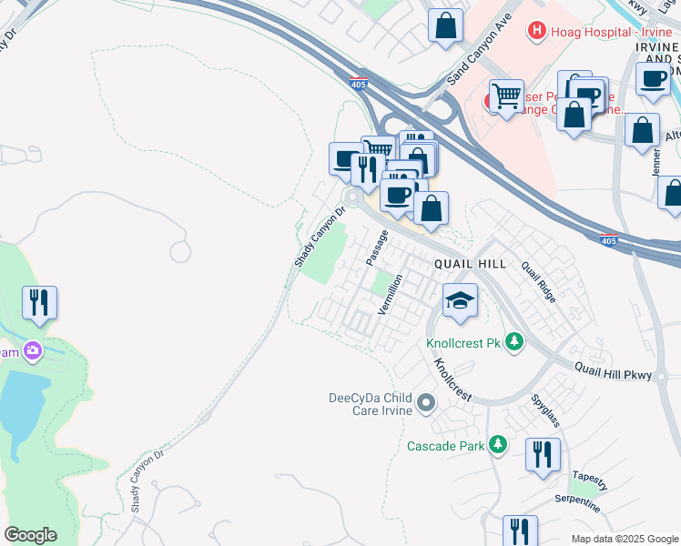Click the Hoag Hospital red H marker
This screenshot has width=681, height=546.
click(x=537, y=31)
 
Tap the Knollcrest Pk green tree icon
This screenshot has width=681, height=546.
click(x=515, y=342)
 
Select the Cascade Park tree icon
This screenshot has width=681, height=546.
click(x=497, y=444)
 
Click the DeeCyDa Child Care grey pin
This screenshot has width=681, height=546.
click(x=425, y=401)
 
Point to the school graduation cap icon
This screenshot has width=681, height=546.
click(x=461, y=301)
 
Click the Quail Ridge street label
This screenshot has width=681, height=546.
click(x=538, y=281)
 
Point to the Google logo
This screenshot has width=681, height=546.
click(x=30, y=535)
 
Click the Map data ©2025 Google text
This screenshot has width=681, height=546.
click(x=624, y=539)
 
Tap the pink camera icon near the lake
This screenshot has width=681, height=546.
click(x=33, y=350)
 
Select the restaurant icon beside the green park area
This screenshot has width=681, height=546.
click(x=39, y=303)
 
